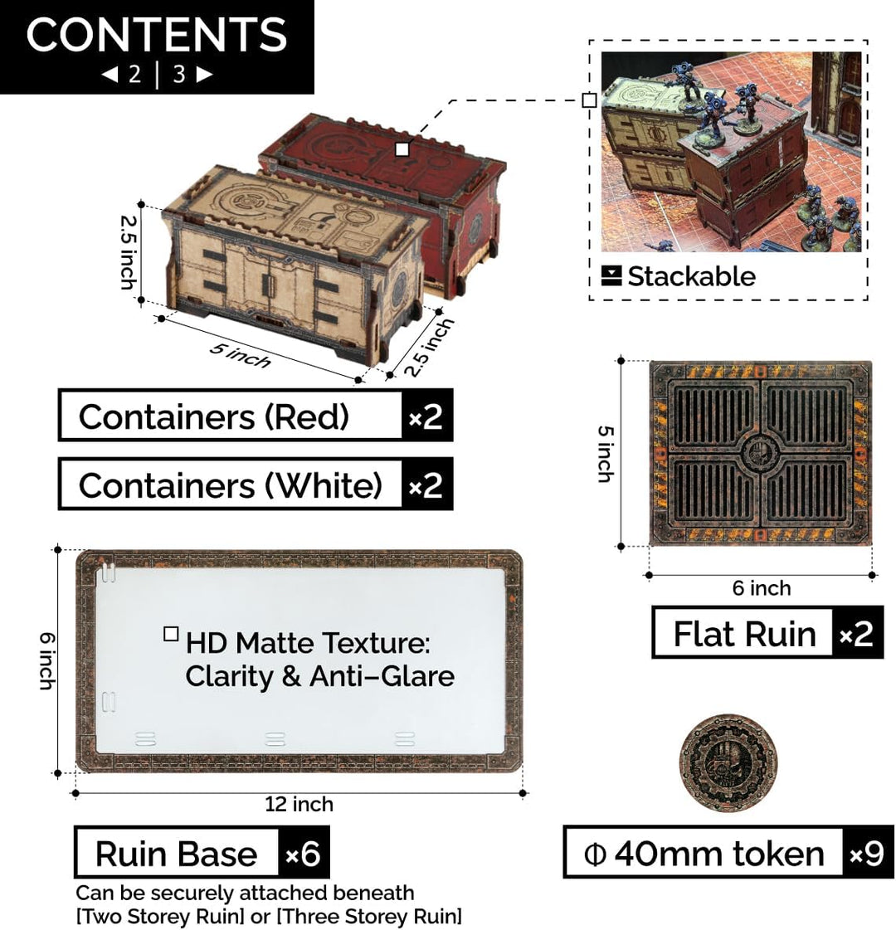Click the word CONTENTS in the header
tap(157, 34)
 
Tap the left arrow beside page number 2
tap(110, 74)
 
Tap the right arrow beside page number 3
tap(204, 74)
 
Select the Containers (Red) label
tap(213, 416)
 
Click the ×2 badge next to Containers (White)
tap(426, 485)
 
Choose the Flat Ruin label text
tap(745, 634)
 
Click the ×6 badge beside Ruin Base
tap(303, 854)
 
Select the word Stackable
tap(691, 276)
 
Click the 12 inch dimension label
tap(299, 804)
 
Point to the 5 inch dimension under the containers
tap(240, 355)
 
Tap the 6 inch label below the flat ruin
tap(762, 587)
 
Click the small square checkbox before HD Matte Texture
tap(171, 634)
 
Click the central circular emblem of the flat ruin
tap(760, 455)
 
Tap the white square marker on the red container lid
tap(402, 149)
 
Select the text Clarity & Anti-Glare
tap(319, 676)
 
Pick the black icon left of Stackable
tap(611, 275)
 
